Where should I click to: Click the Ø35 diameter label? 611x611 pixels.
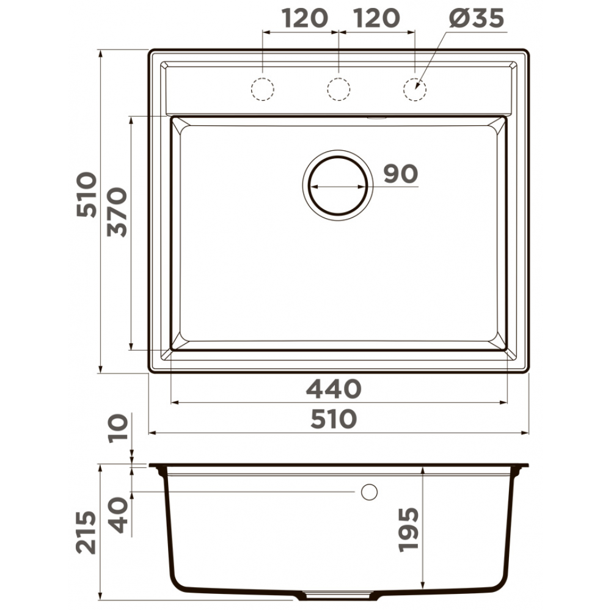476,18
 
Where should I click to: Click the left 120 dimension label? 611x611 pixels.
305,18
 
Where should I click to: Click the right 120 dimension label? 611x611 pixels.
377,18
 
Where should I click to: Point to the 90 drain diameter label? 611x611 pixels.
401,174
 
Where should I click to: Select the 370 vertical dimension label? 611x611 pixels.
117,213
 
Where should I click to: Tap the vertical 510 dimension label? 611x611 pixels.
86,194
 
